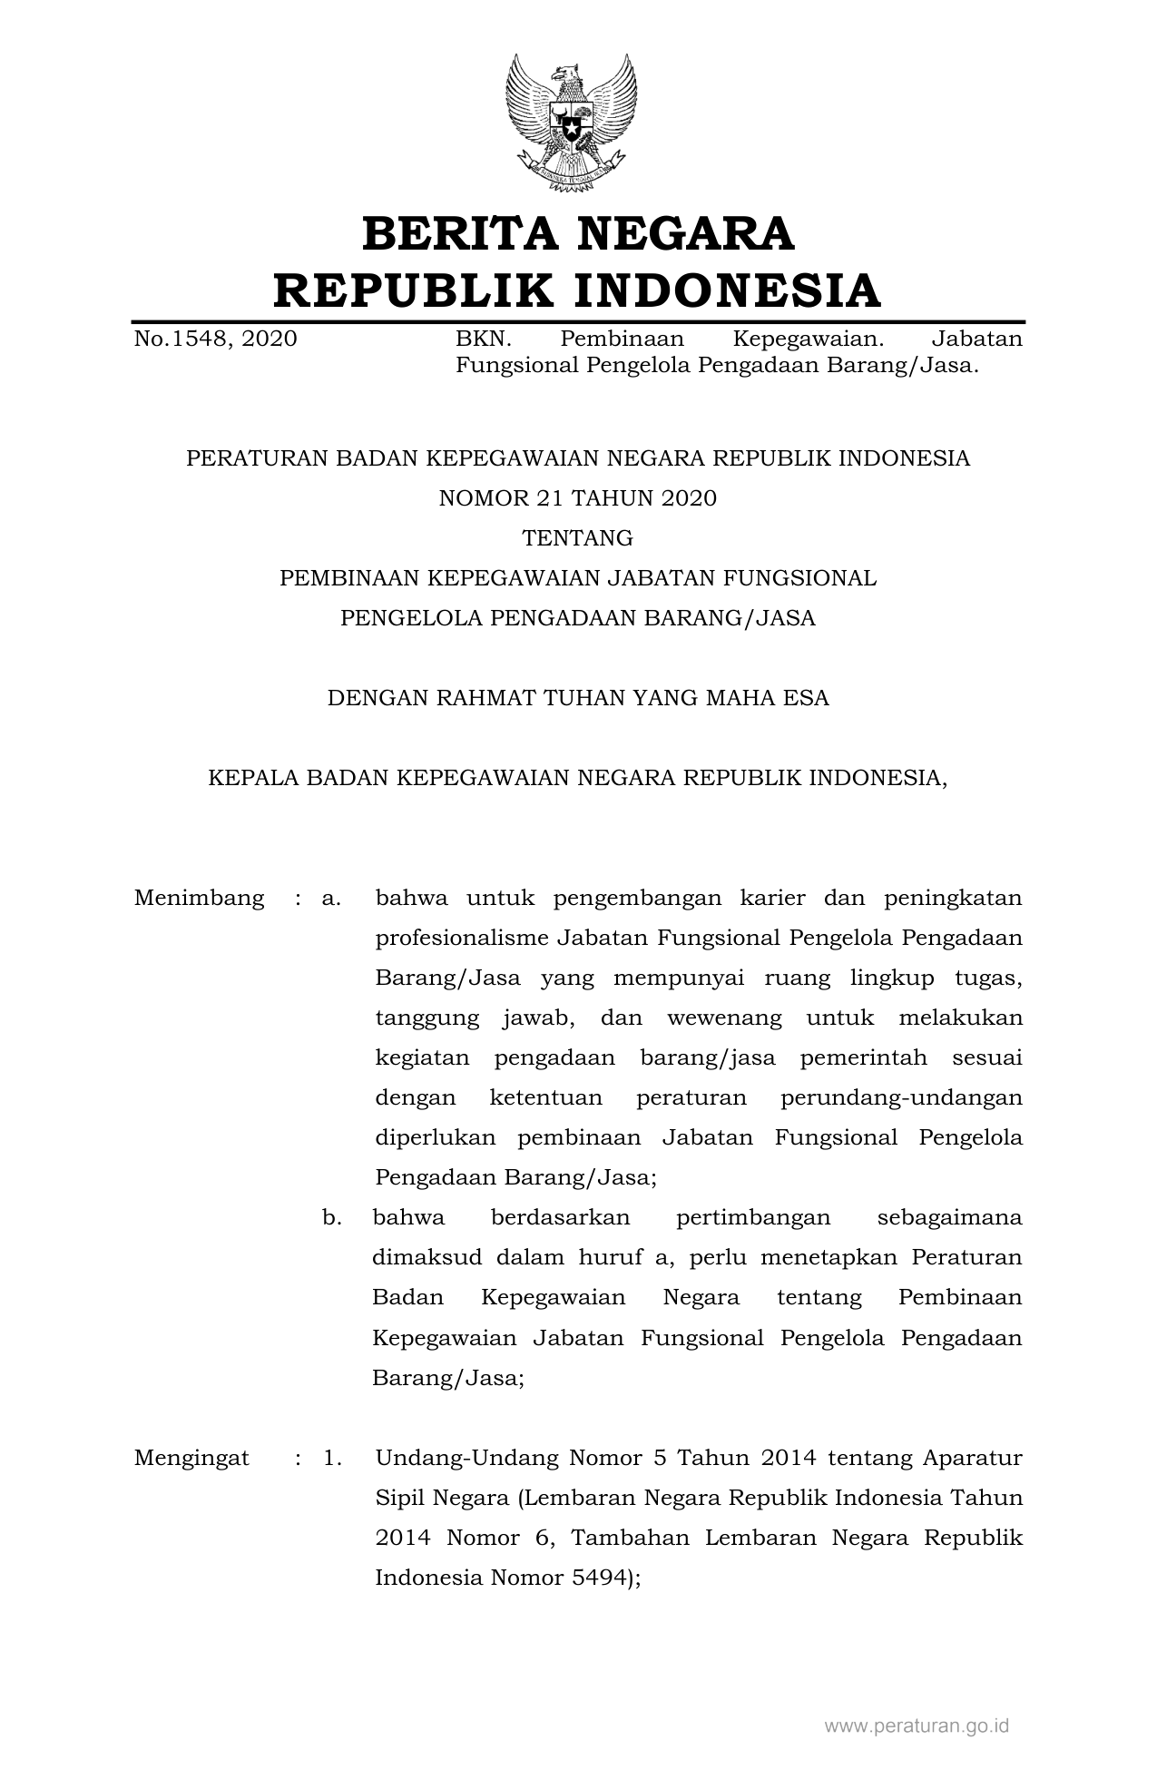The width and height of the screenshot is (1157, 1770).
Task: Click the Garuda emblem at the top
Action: [572, 123]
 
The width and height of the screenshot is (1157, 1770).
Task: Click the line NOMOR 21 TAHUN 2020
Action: [578, 498]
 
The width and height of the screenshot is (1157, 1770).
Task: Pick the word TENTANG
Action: [578, 538]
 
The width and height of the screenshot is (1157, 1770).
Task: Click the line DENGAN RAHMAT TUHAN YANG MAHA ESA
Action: [578, 698]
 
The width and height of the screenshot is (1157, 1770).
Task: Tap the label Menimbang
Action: [200, 899]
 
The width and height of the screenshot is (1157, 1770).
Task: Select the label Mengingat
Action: [191, 1459]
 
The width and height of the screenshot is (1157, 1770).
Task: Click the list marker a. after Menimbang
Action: [331, 899]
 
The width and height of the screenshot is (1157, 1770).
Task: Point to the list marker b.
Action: [332, 1218]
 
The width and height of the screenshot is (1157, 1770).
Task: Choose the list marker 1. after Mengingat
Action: [332, 1459]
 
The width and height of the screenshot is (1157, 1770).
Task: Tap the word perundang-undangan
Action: [901, 1098]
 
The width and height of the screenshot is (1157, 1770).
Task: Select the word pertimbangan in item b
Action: [753, 1218]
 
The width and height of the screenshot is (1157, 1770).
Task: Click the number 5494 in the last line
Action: [597, 1578]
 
